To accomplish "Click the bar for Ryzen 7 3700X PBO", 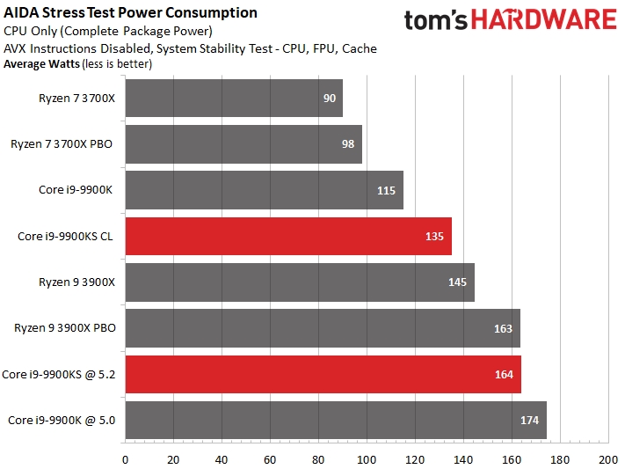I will point(243,144).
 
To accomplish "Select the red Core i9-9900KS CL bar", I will point(288,236).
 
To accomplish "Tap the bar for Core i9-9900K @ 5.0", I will point(336,420).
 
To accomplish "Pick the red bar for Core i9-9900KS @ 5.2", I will point(323,374).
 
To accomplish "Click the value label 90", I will point(330,99).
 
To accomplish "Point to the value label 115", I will point(387,190).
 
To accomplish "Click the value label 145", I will point(458,282).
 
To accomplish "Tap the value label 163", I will point(504,328).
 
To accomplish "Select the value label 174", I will point(529,420).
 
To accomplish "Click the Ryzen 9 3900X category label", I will point(77,282).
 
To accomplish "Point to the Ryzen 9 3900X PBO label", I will point(65,328).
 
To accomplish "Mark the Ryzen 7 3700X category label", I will point(77,99).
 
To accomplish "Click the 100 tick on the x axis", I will point(367,459).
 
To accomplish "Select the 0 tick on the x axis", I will point(125,459).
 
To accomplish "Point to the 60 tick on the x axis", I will point(270,459).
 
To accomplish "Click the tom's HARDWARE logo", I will point(511,21).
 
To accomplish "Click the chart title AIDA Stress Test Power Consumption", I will point(131,12).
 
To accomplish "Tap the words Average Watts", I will point(40,63).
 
